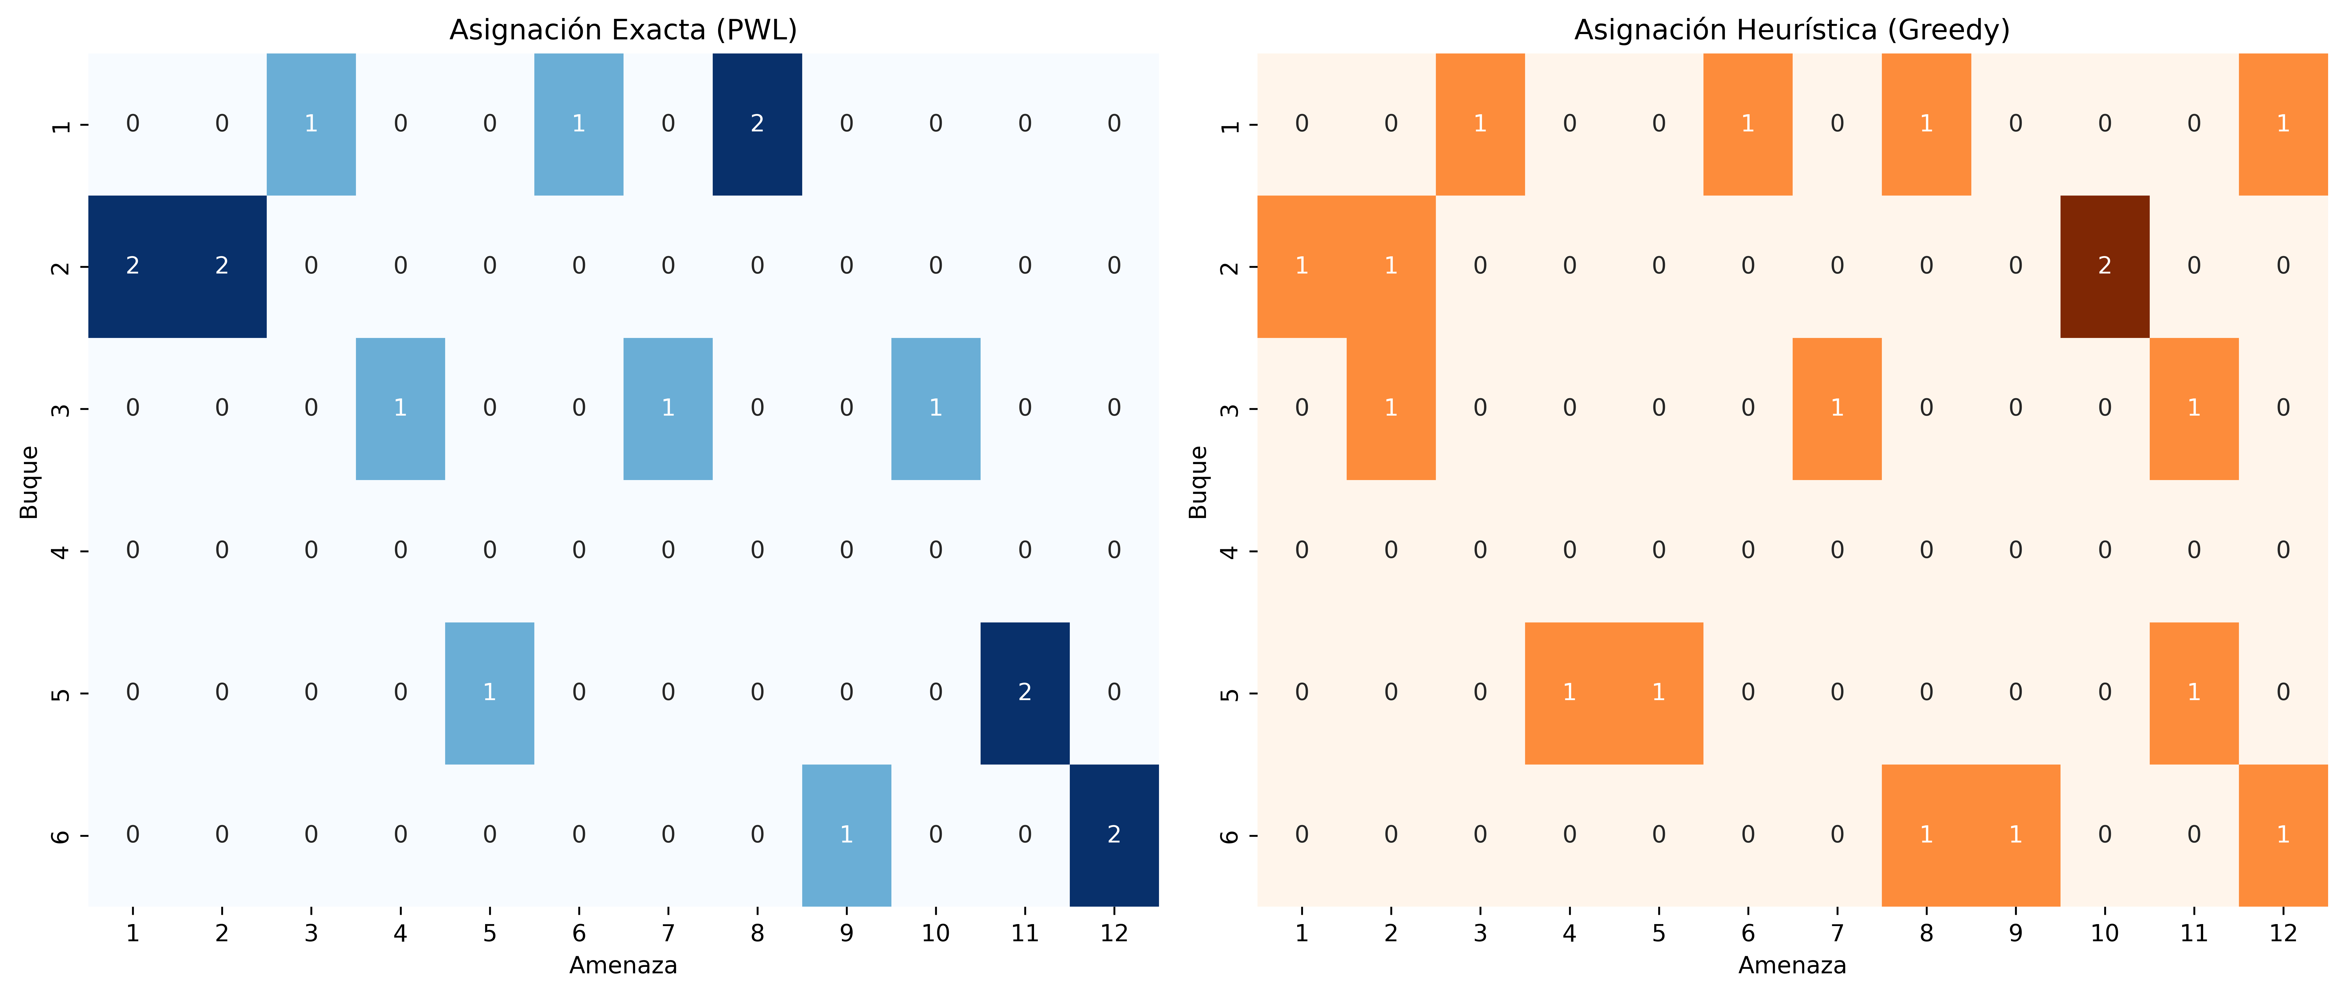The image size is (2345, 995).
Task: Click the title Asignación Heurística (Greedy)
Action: [1792, 30]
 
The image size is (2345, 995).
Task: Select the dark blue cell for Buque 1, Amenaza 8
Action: [756, 124]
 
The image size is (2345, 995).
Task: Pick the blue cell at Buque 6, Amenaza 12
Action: [1113, 835]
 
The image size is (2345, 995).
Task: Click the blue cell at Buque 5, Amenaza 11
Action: [1024, 693]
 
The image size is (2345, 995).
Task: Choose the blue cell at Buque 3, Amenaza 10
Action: [935, 408]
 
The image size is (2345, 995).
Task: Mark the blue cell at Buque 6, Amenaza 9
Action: [846, 835]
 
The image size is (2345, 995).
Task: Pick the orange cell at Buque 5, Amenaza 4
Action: [1568, 693]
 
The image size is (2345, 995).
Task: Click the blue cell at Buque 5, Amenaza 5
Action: [489, 693]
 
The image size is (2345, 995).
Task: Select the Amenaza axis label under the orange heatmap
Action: [1792, 966]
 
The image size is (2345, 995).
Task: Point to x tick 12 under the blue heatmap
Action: [1113, 933]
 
